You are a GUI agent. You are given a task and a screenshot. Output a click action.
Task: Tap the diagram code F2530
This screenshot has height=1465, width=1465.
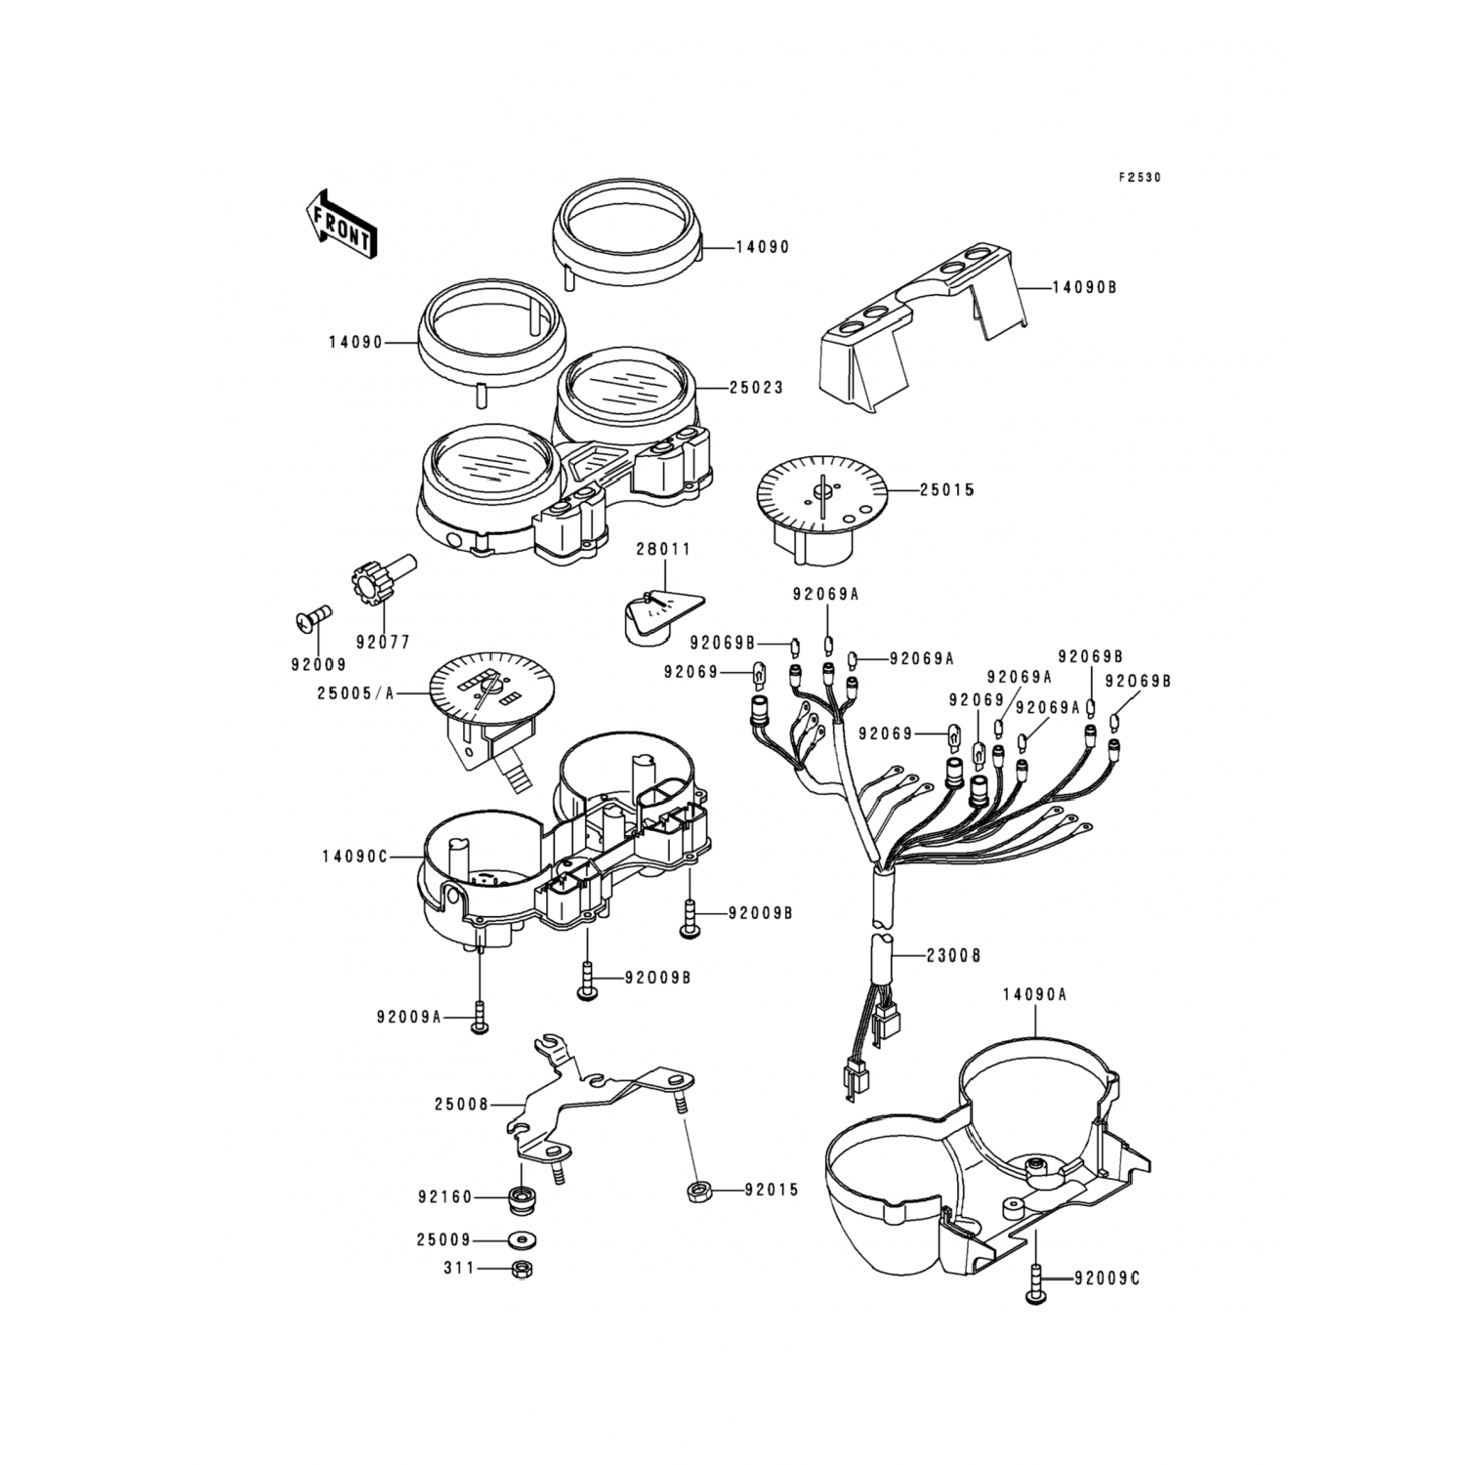tap(1140, 178)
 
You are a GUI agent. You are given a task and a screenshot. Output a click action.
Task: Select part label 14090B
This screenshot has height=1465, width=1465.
tap(1083, 288)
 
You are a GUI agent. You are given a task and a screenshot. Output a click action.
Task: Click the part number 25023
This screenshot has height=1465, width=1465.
tap(756, 388)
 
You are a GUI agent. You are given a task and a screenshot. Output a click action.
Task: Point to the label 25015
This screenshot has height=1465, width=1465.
tap(946, 489)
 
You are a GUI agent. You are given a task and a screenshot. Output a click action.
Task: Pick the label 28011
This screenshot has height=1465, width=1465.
tap(664, 549)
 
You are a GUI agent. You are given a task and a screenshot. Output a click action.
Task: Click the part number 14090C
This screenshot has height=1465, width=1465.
tap(355, 857)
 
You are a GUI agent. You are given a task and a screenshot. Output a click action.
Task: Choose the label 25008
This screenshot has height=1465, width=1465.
tap(461, 1105)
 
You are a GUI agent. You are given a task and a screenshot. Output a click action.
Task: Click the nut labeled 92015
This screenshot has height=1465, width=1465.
tap(698, 1190)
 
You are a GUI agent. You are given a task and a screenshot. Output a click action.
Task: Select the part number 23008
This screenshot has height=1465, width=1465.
tap(953, 955)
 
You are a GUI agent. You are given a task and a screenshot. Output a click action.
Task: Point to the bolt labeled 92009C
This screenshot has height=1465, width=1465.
tap(1035, 1280)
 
